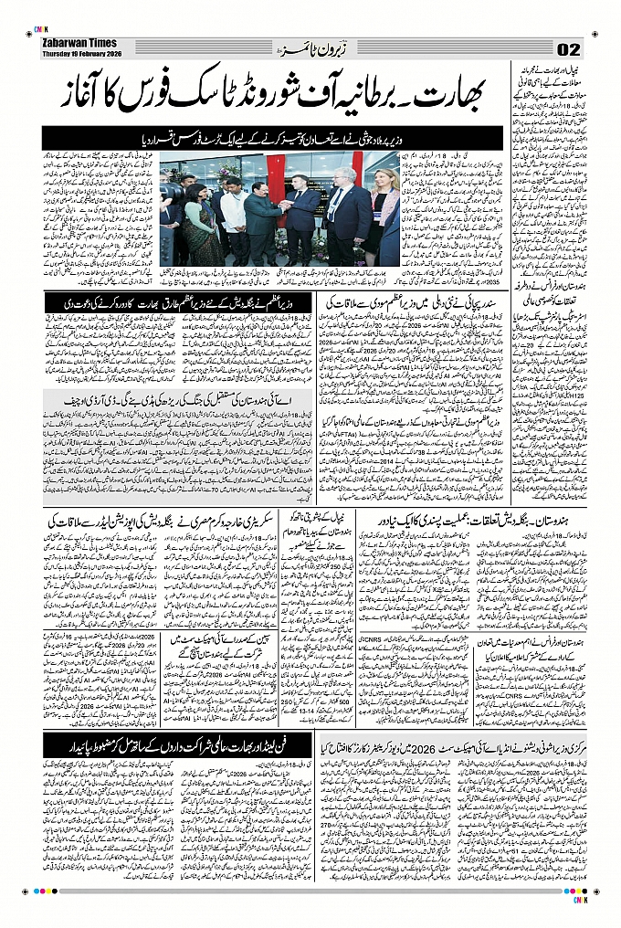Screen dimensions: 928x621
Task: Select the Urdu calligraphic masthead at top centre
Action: [310, 47]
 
